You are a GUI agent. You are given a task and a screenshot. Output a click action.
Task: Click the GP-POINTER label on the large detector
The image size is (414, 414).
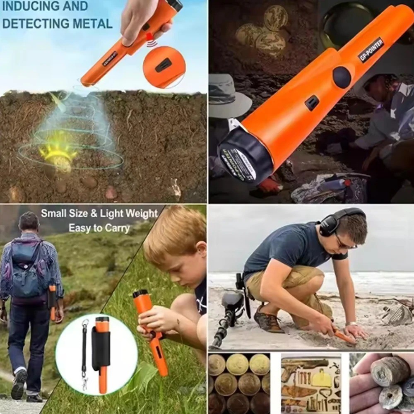[x=371, y=50]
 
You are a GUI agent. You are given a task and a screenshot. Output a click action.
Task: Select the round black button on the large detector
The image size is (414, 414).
[x=342, y=77]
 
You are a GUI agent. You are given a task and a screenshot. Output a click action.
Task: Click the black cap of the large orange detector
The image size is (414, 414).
[x=244, y=157]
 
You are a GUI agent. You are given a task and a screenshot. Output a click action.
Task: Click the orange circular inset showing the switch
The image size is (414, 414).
[x=164, y=67]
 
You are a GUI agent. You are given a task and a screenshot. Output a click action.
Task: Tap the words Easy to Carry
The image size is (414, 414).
[x=99, y=228]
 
